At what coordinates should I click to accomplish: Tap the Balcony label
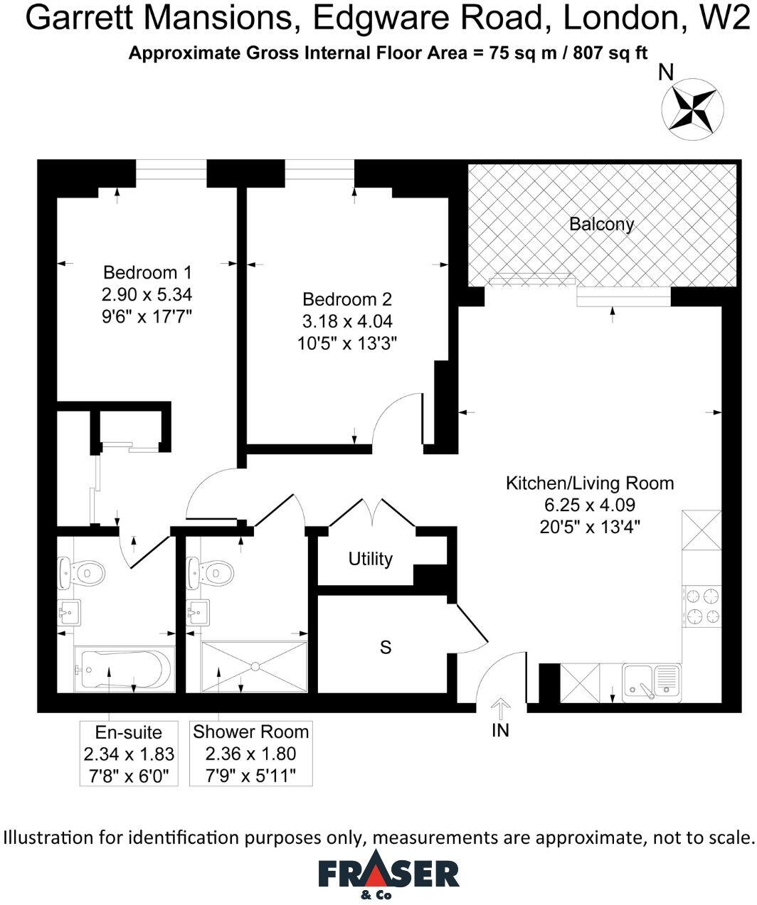(x=601, y=225)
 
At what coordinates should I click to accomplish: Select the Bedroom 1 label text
(x=147, y=272)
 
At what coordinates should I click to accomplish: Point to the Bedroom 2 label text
(x=346, y=299)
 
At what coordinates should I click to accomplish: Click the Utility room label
(x=370, y=559)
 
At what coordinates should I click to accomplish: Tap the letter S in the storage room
(x=386, y=648)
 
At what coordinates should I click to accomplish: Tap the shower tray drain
(x=255, y=667)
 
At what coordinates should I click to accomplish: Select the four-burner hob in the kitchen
(x=702, y=606)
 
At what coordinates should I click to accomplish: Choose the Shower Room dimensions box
(x=251, y=753)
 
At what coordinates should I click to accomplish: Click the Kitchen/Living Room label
(x=589, y=483)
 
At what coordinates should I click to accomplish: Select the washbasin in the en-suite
(x=70, y=611)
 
